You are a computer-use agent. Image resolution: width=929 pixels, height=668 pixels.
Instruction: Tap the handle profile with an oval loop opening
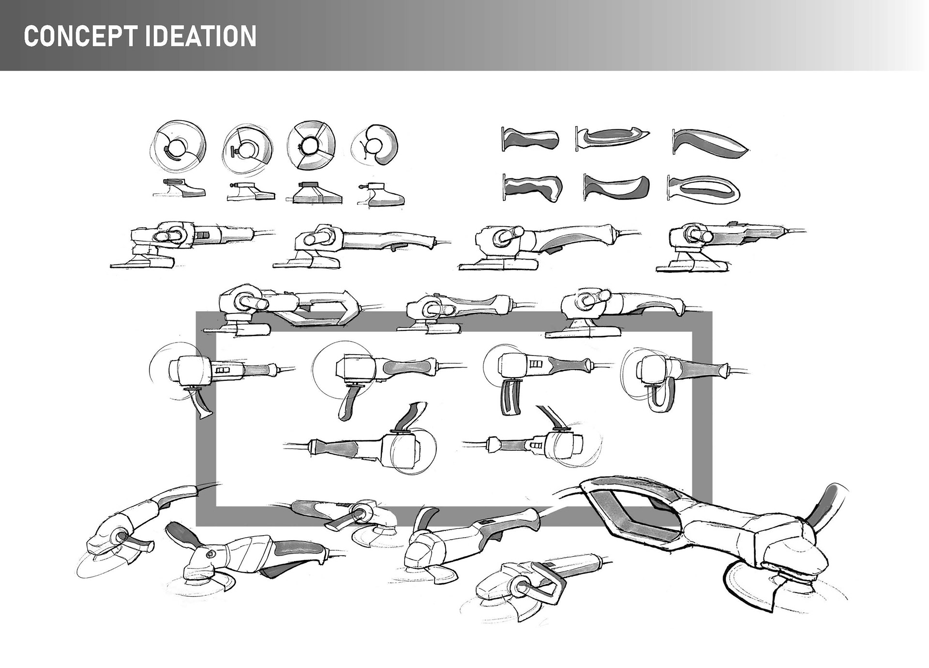point(704,189)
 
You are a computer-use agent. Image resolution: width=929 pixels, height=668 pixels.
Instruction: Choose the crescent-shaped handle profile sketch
point(617,188)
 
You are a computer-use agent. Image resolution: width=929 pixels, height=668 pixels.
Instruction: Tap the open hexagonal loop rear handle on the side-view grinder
point(329,308)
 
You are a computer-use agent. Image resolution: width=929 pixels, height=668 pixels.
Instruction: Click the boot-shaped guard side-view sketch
point(382,195)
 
